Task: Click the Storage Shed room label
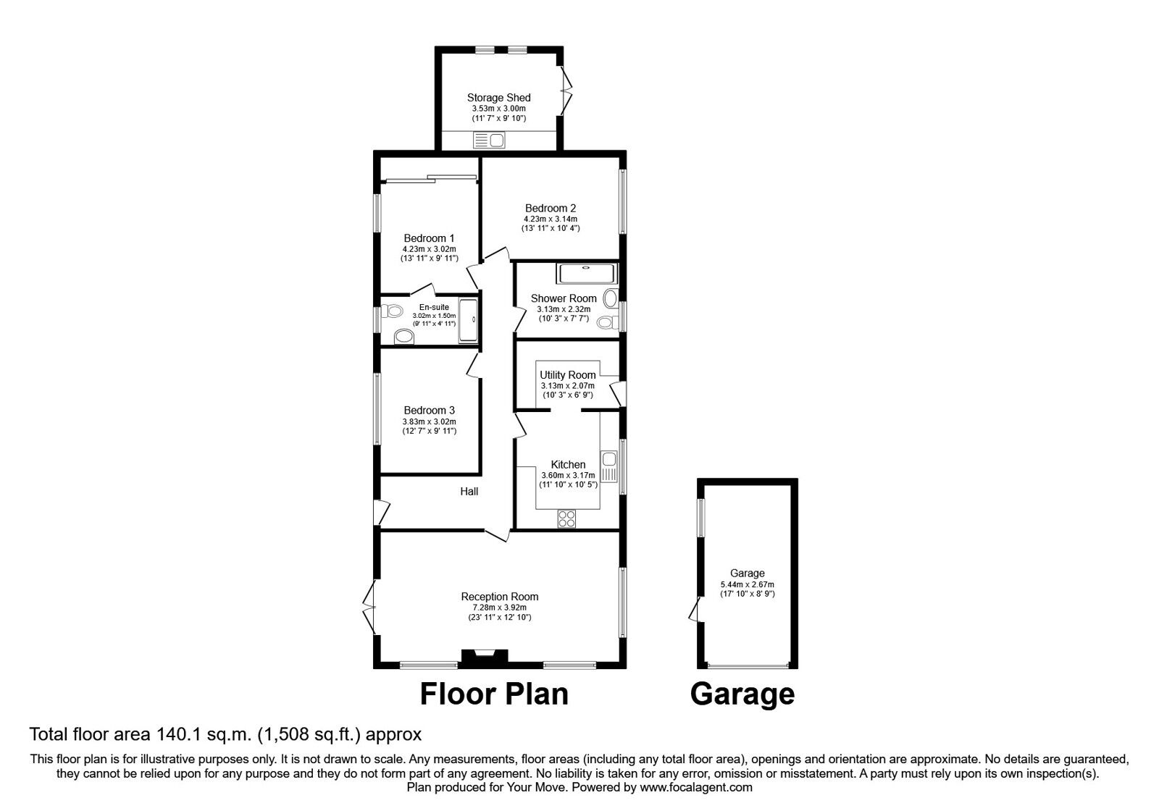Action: tap(498, 98)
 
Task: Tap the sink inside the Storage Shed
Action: tap(490, 140)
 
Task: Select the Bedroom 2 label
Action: tap(551, 208)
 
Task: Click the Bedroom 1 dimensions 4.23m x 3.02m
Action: tap(430, 248)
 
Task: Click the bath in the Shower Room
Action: tap(587, 274)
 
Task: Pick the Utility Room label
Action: tap(568, 375)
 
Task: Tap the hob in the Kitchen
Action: tap(566, 518)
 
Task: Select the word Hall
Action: tap(469, 492)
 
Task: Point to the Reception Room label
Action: tap(500, 597)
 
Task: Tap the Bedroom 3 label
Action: tap(430, 411)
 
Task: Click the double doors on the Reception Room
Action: tap(369, 607)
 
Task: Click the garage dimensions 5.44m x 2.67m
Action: tap(747, 584)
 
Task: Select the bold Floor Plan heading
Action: tap(495, 694)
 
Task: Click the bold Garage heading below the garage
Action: tap(742, 694)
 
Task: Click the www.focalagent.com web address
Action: tap(696, 787)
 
